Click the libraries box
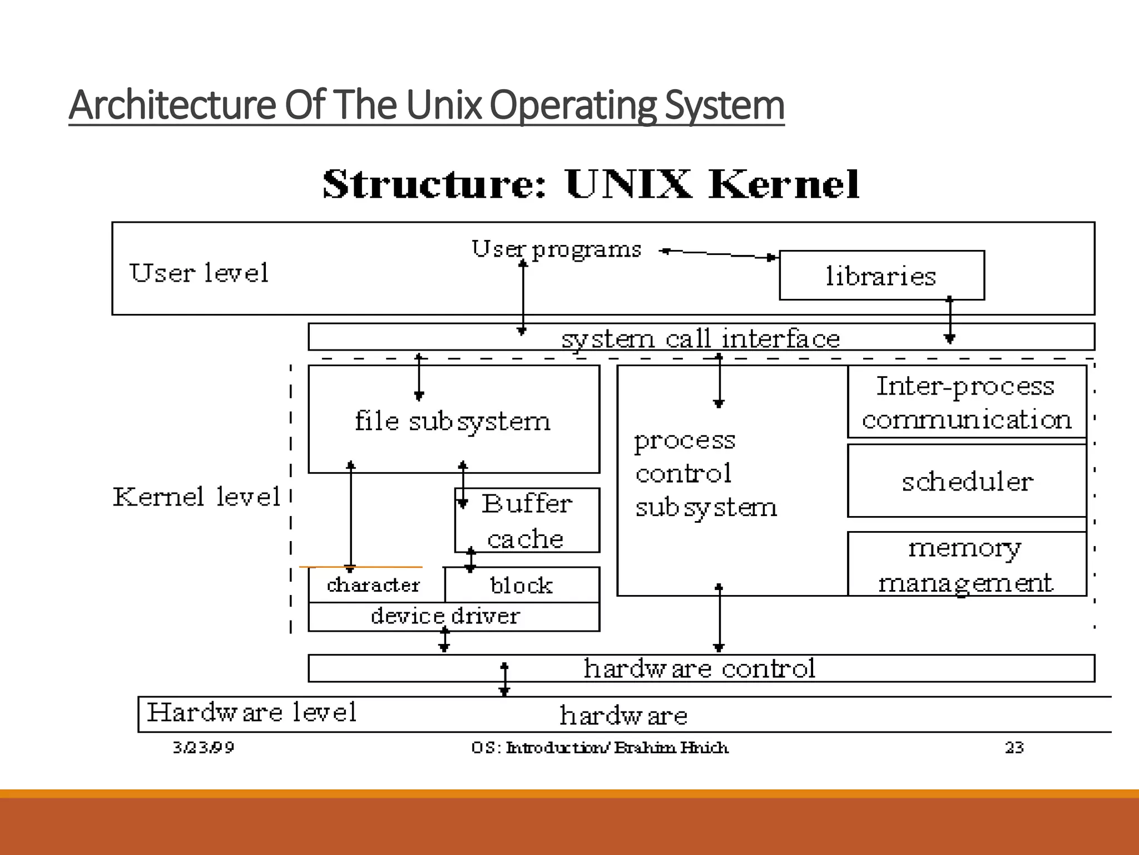click(x=882, y=276)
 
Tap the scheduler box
click(x=967, y=481)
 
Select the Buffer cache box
click(x=527, y=520)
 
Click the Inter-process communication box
click(x=967, y=402)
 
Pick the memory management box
click(x=967, y=564)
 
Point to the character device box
click(x=374, y=585)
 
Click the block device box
click(x=522, y=585)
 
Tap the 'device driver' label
click(x=445, y=616)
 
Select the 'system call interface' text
click(x=700, y=338)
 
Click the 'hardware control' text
click(x=699, y=668)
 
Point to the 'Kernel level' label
click(x=196, y=497)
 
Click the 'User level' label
click(x=199, y=273)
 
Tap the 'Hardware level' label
click(x=251, y=712)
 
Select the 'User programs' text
click(x=556, y=249)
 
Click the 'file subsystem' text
click(x=453, y=421)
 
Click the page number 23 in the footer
click(x=1014, y=747)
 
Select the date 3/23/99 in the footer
click(x=203, y=747)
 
